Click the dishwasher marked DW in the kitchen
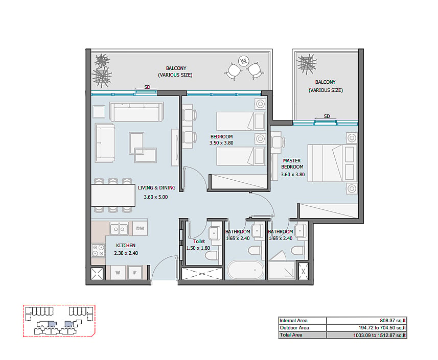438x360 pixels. [140, 229]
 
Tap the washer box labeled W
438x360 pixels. [118, 272]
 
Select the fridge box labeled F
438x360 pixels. [135, 272]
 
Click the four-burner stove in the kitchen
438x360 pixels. [98, 250]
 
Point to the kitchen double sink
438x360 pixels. [119, 229]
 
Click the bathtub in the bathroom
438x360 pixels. [245, 270]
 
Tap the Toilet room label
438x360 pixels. [199, 242]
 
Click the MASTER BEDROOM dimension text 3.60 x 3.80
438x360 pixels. [292, 175]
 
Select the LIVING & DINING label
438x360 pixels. [156, 188]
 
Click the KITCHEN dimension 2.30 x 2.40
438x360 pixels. [126, 253]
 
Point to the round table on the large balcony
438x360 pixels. [244, 61]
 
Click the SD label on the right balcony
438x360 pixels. [327, 116]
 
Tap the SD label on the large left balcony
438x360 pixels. [147, 87]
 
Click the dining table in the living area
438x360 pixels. [113, 196]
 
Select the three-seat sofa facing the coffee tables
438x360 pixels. [136, 112]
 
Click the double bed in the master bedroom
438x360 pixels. [332, 163]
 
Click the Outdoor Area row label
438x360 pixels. [294, 328]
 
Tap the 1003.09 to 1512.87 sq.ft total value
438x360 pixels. [379, 335]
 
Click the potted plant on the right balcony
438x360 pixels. [307, 64]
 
